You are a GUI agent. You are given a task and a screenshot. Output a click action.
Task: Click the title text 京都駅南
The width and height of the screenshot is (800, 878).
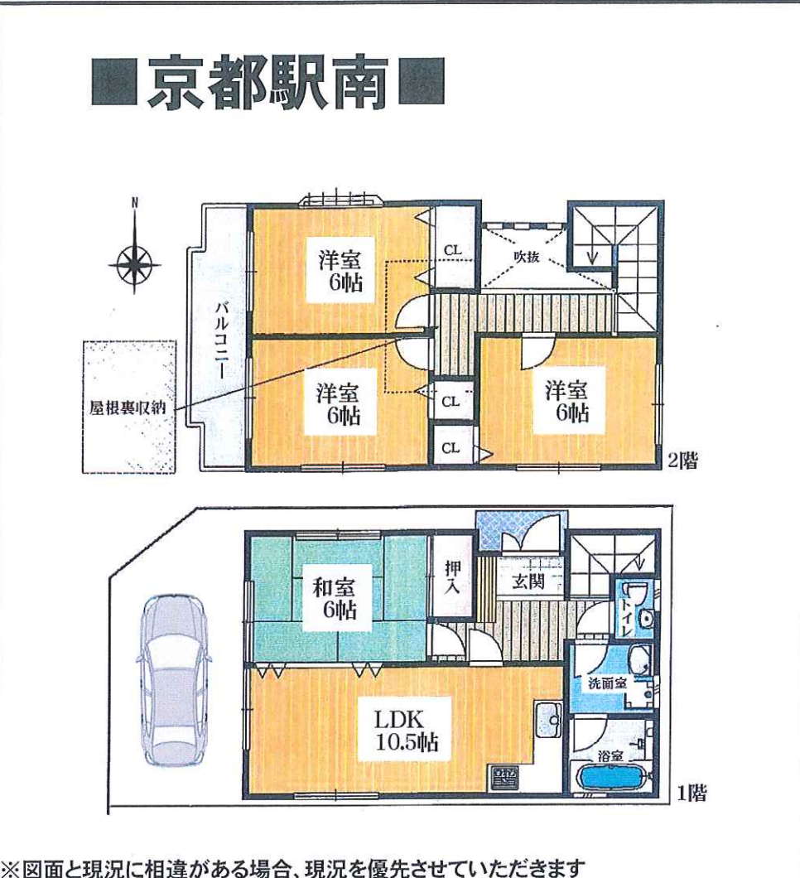[268, 83]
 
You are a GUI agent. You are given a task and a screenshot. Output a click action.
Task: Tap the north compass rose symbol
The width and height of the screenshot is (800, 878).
[134, 264]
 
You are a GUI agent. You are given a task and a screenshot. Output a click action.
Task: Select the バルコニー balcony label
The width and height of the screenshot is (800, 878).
[221, 340]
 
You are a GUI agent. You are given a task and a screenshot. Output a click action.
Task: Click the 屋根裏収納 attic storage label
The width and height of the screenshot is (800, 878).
[128, 407]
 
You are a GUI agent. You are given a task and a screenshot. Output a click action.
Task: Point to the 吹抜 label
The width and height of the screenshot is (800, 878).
[526, 257]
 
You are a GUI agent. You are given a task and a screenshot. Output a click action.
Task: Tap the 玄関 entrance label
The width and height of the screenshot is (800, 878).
[528, 581]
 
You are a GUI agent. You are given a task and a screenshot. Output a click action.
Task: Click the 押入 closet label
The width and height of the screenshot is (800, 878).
[452, 576]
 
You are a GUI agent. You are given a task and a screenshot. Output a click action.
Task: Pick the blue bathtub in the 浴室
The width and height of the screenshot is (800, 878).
[612, 777]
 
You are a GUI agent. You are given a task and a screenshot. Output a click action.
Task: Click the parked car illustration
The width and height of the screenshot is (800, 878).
[173, 681]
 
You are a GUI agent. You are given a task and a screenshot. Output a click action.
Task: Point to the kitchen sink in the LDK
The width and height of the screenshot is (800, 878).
[548, 720]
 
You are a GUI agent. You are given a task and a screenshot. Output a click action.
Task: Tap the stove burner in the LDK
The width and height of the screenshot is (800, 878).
[505, 777]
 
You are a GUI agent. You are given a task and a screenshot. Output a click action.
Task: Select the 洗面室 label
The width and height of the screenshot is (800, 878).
[607, 683]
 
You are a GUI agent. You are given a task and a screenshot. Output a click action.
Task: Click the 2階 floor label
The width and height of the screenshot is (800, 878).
[682, 461]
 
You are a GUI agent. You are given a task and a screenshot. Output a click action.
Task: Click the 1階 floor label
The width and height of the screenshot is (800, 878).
[692, 793]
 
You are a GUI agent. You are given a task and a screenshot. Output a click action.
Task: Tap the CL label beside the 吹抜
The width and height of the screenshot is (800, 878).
[452, 250]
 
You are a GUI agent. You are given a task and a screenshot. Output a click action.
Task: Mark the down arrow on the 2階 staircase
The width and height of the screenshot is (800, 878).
[592, 255]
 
